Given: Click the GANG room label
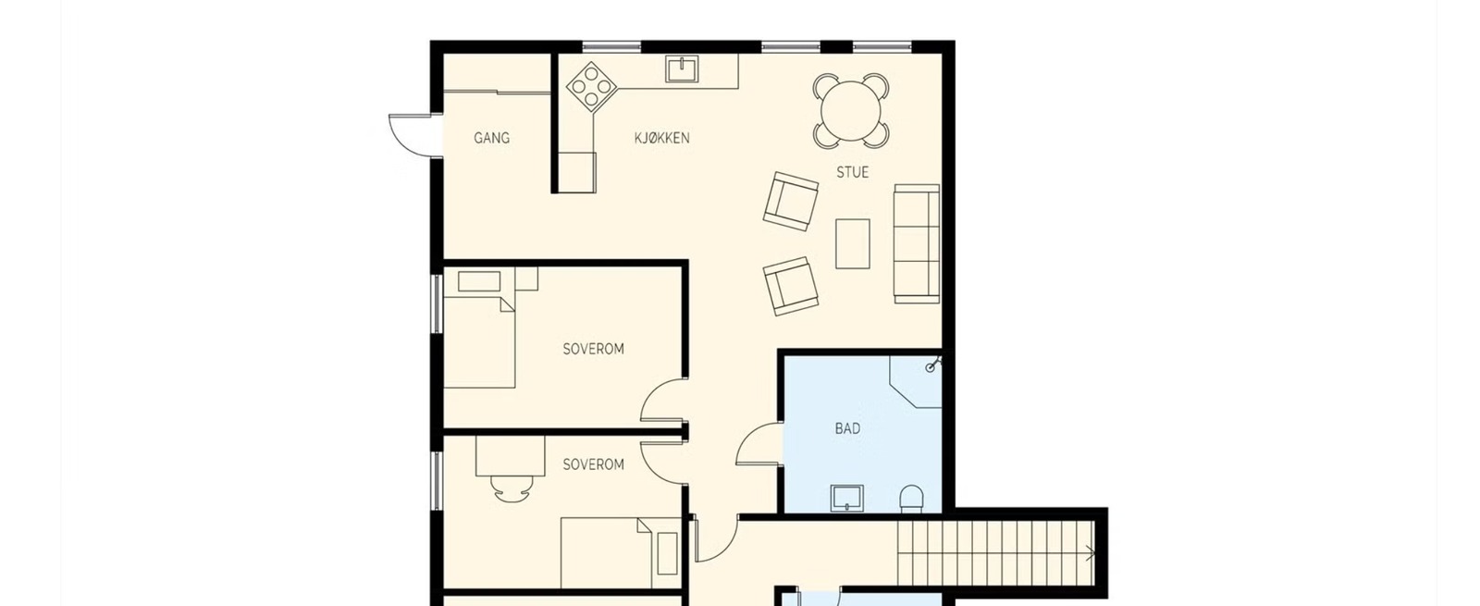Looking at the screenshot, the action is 491,138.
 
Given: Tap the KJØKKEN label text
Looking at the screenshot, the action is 661,138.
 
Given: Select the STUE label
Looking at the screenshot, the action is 852,172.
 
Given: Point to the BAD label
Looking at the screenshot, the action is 847,429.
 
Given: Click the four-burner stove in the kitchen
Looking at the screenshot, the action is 591,87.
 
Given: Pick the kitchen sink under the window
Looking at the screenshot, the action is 682,68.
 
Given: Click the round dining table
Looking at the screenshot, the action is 851,111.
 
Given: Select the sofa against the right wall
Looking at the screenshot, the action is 917,244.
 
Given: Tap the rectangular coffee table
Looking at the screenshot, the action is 852,244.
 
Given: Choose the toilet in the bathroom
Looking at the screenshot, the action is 912,499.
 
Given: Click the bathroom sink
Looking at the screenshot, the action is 847,499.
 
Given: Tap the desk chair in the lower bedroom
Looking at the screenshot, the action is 512,489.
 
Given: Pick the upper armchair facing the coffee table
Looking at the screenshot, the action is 790,202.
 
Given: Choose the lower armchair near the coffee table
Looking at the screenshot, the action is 791,286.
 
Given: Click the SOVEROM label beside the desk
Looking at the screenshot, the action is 593,464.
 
